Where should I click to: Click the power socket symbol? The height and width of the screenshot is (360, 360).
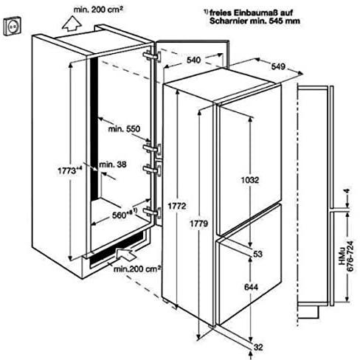13,26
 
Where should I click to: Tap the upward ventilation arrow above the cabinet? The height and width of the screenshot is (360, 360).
72,24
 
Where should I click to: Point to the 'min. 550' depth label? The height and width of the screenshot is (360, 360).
124,128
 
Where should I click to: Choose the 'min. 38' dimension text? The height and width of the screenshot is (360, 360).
113,165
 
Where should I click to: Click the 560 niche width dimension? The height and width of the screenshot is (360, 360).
124,215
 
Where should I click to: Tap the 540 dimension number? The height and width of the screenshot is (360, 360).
193,60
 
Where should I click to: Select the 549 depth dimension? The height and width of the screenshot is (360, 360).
278,66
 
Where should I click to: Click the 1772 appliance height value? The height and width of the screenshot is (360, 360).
177,206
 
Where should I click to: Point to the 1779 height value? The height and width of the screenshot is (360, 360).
198,224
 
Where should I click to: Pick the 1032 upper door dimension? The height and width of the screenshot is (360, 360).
250,180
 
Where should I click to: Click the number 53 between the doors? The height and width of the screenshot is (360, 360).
257,254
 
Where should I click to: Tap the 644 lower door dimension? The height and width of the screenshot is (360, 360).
251,287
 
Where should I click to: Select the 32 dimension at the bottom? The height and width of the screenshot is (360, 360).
258,347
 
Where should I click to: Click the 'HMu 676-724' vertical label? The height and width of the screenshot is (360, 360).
346,256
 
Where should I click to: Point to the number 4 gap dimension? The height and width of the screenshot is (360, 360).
347,191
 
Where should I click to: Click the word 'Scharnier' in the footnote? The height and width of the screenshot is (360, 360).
228,21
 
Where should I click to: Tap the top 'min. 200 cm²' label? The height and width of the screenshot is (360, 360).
98,10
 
